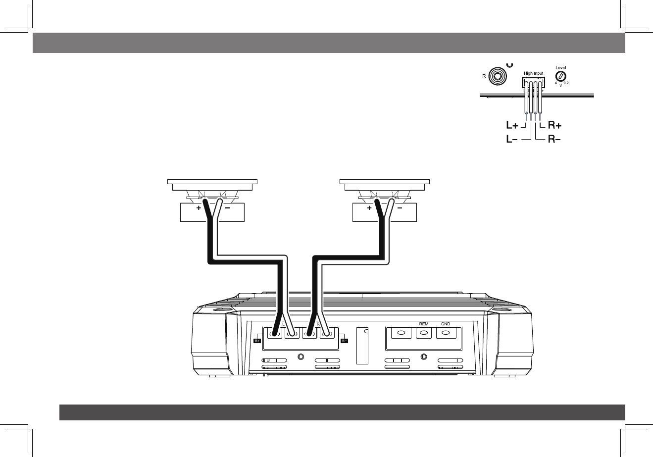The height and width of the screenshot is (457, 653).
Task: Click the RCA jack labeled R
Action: (x=497, y=76)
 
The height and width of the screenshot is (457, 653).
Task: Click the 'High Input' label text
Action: (x=533, y=73)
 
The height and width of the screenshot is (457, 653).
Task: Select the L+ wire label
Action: (x=512, y=126)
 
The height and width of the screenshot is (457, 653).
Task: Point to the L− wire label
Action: (x=512, y=140)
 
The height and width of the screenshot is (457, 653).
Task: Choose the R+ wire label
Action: (x=555, y=126)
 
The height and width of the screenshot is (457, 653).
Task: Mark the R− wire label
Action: (x=555, y=140)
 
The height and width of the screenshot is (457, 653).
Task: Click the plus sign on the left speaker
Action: (x=199, y=208)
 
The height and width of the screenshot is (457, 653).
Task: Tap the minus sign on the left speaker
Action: (x=227, y=208)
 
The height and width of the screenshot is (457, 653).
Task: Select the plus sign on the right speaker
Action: (x=370, y=208)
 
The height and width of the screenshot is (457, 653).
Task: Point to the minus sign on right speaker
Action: (x=399, y=208)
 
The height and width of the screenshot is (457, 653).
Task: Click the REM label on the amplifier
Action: (x=424, y=324)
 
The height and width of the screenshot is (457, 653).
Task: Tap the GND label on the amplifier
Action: (x=446, y=324)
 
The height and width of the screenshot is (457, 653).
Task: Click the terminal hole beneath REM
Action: (x=424, y=333)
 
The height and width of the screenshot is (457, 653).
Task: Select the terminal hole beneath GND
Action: (x=446, y=333)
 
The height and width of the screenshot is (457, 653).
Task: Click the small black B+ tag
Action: (x=257, y=341)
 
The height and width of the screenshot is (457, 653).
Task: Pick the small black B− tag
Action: (x=345, y=341)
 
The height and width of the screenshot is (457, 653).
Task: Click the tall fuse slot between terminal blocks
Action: (x=363, y=346)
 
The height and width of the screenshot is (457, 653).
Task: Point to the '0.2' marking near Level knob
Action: (x=566, y=83)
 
